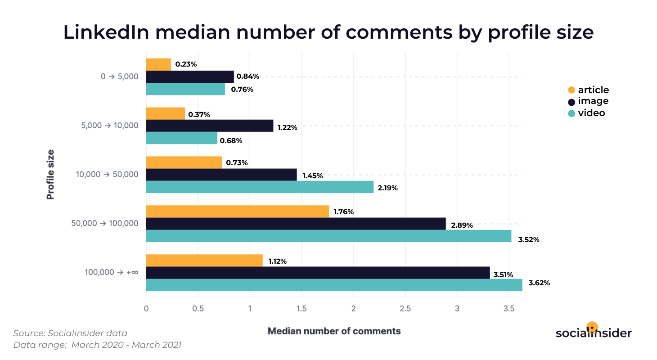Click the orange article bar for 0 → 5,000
coord(158,64)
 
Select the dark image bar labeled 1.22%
coord(210,126)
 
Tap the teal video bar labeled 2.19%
coord(260,187)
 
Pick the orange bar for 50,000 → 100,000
coord(237,211)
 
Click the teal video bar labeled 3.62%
coord(334,285)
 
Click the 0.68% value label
coord(231,141)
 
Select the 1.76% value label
coord(343,211)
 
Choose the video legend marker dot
coord(572,113)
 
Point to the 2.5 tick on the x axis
coord(405,309)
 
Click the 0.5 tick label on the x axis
coord(198,309)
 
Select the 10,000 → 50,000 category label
coord(108,175)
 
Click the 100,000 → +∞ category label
coord(112,272)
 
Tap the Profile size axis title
coord(50,174)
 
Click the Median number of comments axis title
coord(334,331)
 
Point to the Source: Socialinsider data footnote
coord(70,333)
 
